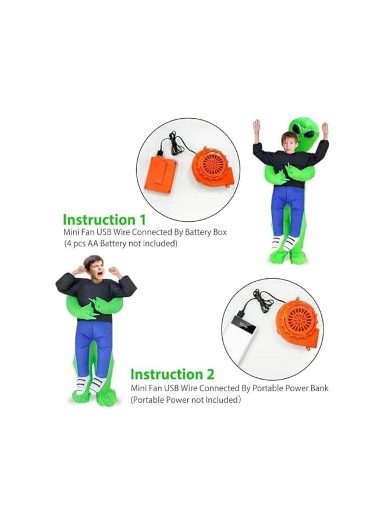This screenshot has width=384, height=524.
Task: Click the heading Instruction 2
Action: coord(172,374)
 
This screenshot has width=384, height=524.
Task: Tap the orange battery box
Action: coord(161,174)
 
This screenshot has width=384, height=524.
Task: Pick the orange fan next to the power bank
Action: coord(297,322)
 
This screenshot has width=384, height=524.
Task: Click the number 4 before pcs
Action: coord(70,243)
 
